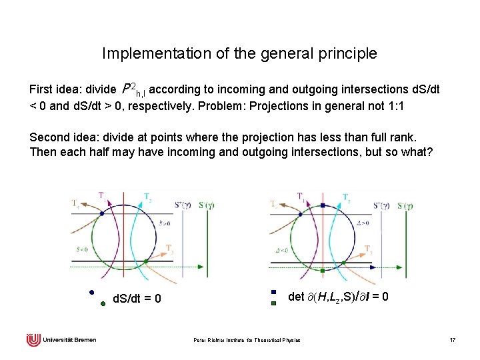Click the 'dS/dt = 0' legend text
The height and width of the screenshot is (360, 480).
pyautogui.click(x=137, y=298)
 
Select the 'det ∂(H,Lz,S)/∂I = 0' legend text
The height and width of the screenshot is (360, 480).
pyautogui.click(x=338, y=296)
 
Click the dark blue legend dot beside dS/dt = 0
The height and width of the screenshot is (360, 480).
pyautogui.click(x=92, y=292)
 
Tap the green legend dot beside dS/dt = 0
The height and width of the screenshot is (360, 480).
pyautogui.click(x=103, y=303)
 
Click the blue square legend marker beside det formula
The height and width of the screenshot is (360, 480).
pyautogui.click(x=273, y=292)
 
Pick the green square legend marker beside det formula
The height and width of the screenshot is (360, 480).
pyautogui.click(x=273, y=303)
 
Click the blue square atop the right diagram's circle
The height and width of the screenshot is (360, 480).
pyautogui.click(x=323, y=205)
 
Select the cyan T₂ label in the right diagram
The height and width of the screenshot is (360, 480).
pyautogui.click(x=346, y=197)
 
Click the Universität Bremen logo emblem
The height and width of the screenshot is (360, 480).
pyautogui.click(x=33, y=340)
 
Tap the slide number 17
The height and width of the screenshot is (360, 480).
pyautogui.click(x=453, y=341)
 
